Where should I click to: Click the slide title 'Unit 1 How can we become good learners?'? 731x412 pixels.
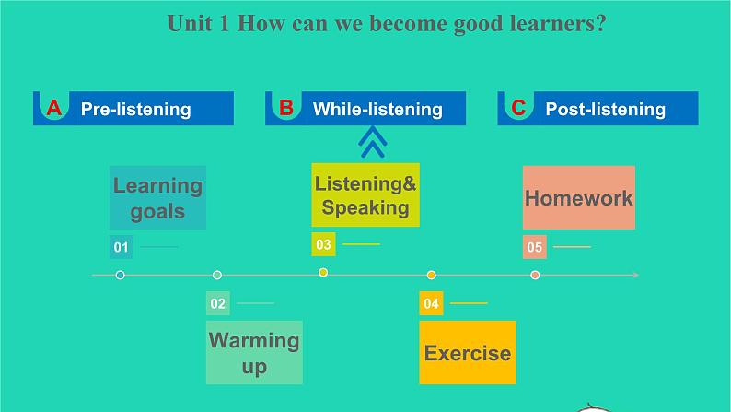click(x=387, y=23)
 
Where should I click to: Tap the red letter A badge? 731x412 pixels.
click(x=54, y=108)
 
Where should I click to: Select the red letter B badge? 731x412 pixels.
click(x=286, y=108)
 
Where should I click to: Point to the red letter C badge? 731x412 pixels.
click(x=518, y=108)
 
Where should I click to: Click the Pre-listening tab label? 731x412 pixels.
click(x=135, y=109)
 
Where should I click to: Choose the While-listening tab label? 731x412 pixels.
click(x=377, y=109)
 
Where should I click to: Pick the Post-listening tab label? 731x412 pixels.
click(x=605, y=109)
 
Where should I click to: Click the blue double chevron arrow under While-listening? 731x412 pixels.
click(x=372, y=141)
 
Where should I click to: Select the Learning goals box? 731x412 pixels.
click(x=157, y=197)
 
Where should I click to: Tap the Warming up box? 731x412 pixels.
click(x=254, y=352)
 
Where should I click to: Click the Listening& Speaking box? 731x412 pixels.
click(x=365, y=195)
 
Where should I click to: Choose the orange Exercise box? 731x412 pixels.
click(x=467, y=352)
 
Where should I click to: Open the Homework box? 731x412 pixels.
click(x=578, y=197)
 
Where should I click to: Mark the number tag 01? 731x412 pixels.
click(x=122, y=247)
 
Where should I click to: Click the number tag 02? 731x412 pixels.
click(x=218, y=303)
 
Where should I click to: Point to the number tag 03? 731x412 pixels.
click(x=323, y=244)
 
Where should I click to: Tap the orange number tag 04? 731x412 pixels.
click(x=431, y=303)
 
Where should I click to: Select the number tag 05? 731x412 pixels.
click(x=535, y=247)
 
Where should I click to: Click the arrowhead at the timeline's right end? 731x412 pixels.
click(x=634, y=275)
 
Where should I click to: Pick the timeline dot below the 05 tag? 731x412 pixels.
click(x=535, y=275)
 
